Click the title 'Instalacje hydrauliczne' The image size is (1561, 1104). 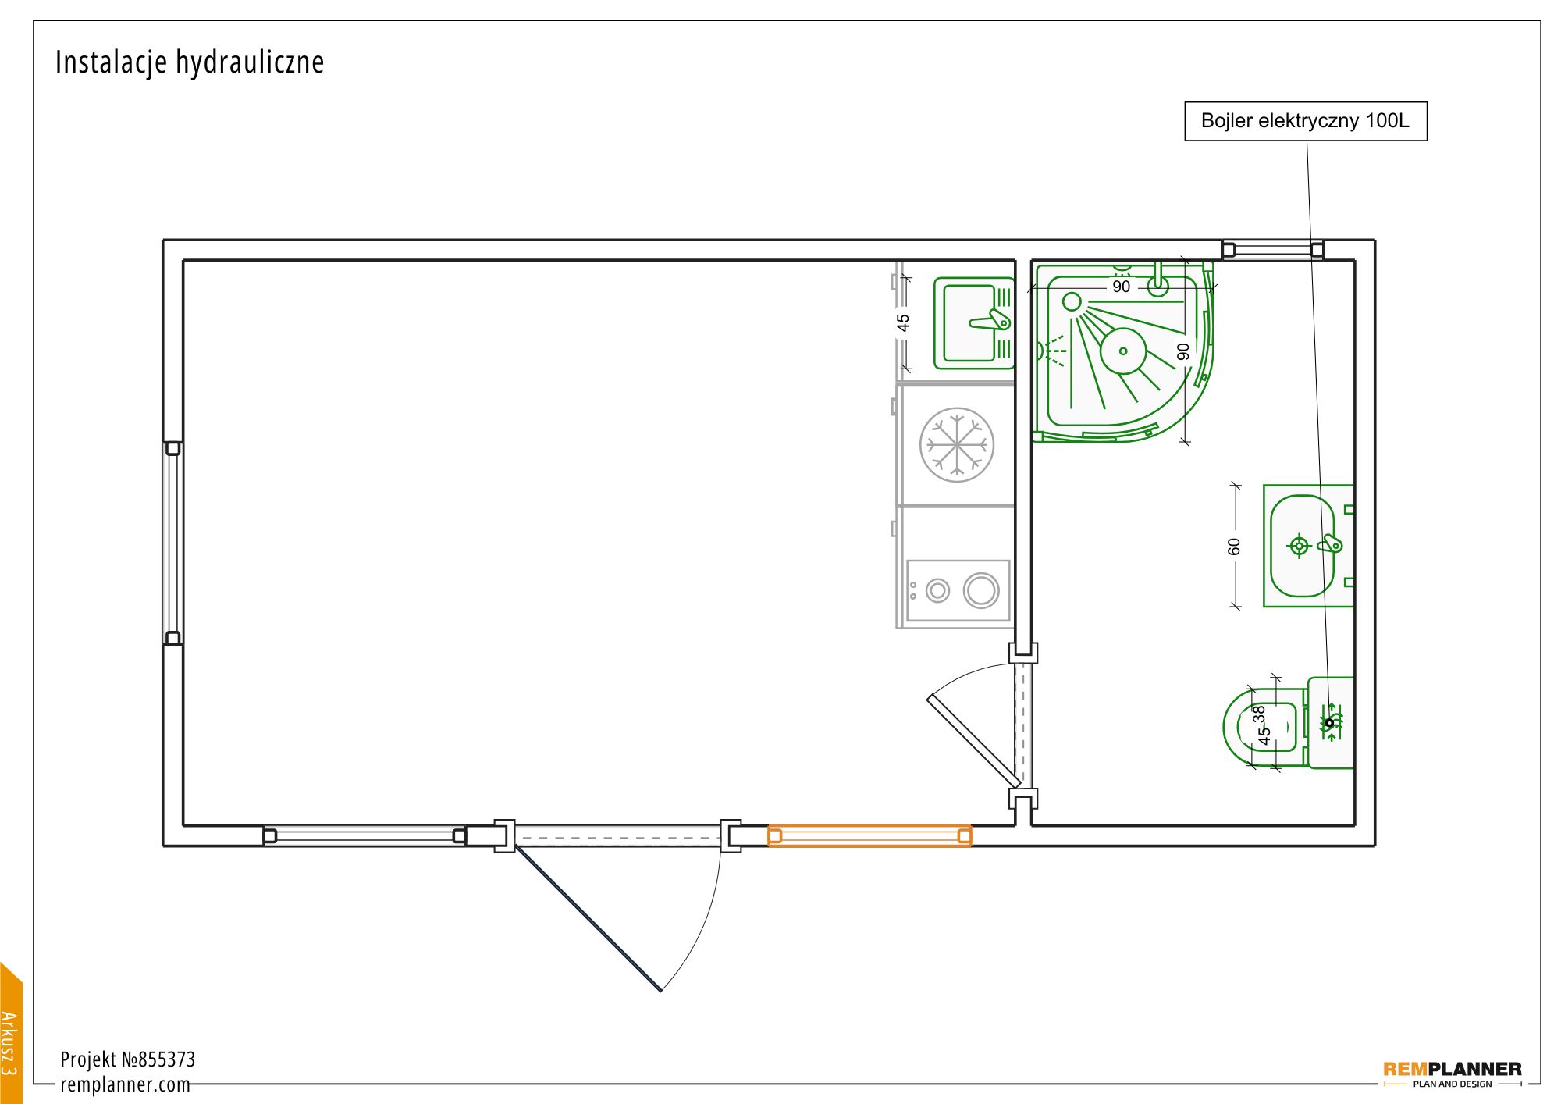click(190, 62)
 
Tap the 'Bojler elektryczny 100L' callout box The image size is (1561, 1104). click(1306, 121)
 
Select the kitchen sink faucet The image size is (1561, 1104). click(990, 320)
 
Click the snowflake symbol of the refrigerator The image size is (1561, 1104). click(957, 444)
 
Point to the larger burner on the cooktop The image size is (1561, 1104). click(981, 590)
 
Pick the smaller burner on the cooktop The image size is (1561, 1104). click(938, 590)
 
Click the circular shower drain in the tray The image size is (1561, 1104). click(1123, 351)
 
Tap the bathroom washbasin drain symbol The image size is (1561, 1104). click(1299, 546)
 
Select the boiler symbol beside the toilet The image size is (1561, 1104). click(1331, 722)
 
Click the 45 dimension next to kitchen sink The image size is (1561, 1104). click(903, 322)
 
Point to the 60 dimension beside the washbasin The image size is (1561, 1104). click(1234, 546)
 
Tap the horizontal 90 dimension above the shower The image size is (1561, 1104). click(1121, 287)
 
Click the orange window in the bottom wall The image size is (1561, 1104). click(869, 836)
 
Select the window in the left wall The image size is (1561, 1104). click(173, 543)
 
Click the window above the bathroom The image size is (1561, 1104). click(1273, 250)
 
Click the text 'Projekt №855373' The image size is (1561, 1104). click(128, 1059)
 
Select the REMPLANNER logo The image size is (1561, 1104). click(1453, 1074)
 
